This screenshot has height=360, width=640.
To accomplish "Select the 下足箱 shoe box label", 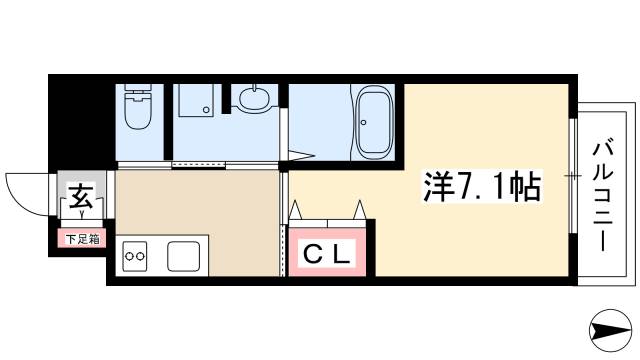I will [x=81, y=238].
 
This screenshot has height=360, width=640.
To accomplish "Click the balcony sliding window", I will [x=572, y=176].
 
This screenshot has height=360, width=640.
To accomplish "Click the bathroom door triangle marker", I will [x=298, y=154].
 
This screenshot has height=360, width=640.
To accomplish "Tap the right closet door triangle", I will [x=360, y=209].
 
